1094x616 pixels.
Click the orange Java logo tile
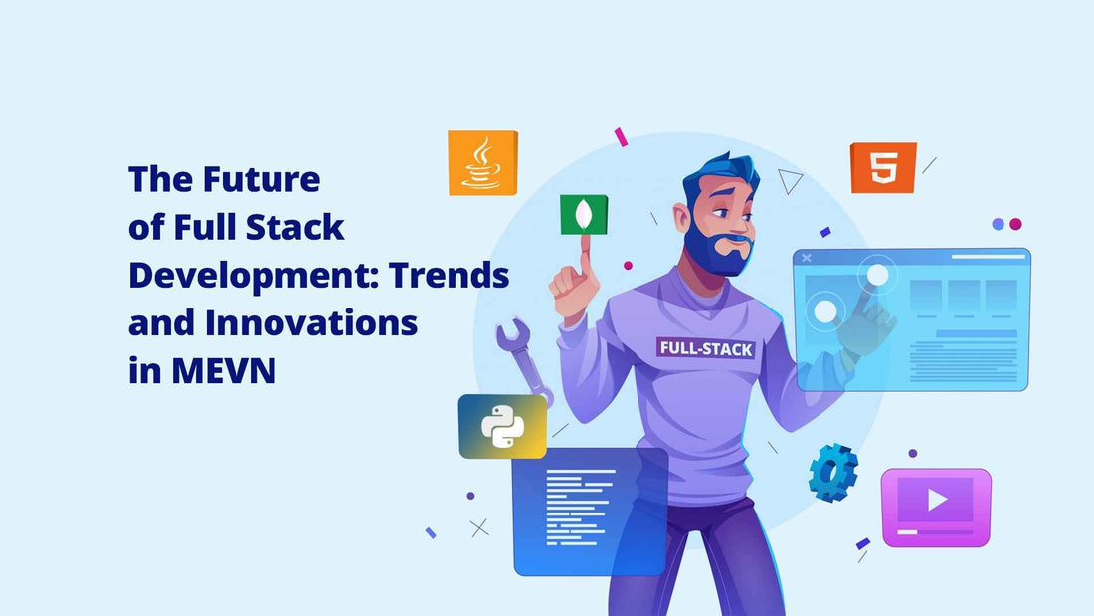tap(482, 163)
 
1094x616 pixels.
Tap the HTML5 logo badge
tap(883, 167)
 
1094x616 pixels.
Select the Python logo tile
tap(502, 426)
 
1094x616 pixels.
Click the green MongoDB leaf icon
tap(584, 214)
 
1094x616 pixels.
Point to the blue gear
tap(833, 472)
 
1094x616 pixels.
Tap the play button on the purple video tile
tap(937, 500)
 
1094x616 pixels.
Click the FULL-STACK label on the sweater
tap(706, 348)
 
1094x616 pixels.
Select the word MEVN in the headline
tap(224, 370)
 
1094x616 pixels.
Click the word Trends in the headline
tap(450, 275)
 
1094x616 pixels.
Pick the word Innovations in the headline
tap(311, 322)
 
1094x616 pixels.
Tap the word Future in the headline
tap(262, 179)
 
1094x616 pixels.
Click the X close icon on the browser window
tap(807, 258)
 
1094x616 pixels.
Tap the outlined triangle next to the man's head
tap(789, 181)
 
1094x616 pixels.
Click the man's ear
tap(681, 217)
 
